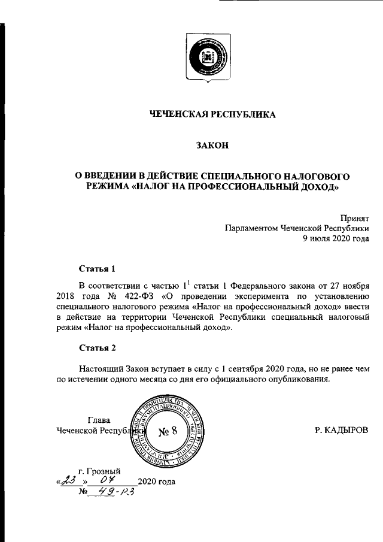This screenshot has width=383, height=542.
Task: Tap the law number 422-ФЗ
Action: (x=123, y=296)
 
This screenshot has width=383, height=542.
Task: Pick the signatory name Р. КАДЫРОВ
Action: (x=342, y=430)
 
